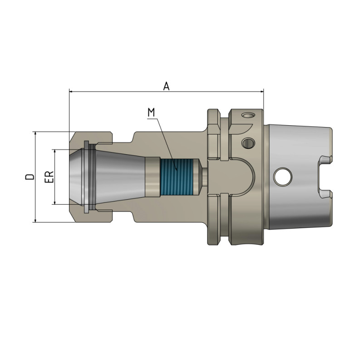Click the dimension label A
click(167, 86)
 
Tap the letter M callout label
click(151, 112)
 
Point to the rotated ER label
click(49, 177)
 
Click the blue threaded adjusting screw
click(177, 177)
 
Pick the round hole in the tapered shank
click(282, 177)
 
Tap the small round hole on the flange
click(248, 143)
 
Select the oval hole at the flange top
click(248, 115)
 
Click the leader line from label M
click(166, 141)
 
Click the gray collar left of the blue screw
click(152, 177)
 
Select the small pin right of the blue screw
click(205, 177)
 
